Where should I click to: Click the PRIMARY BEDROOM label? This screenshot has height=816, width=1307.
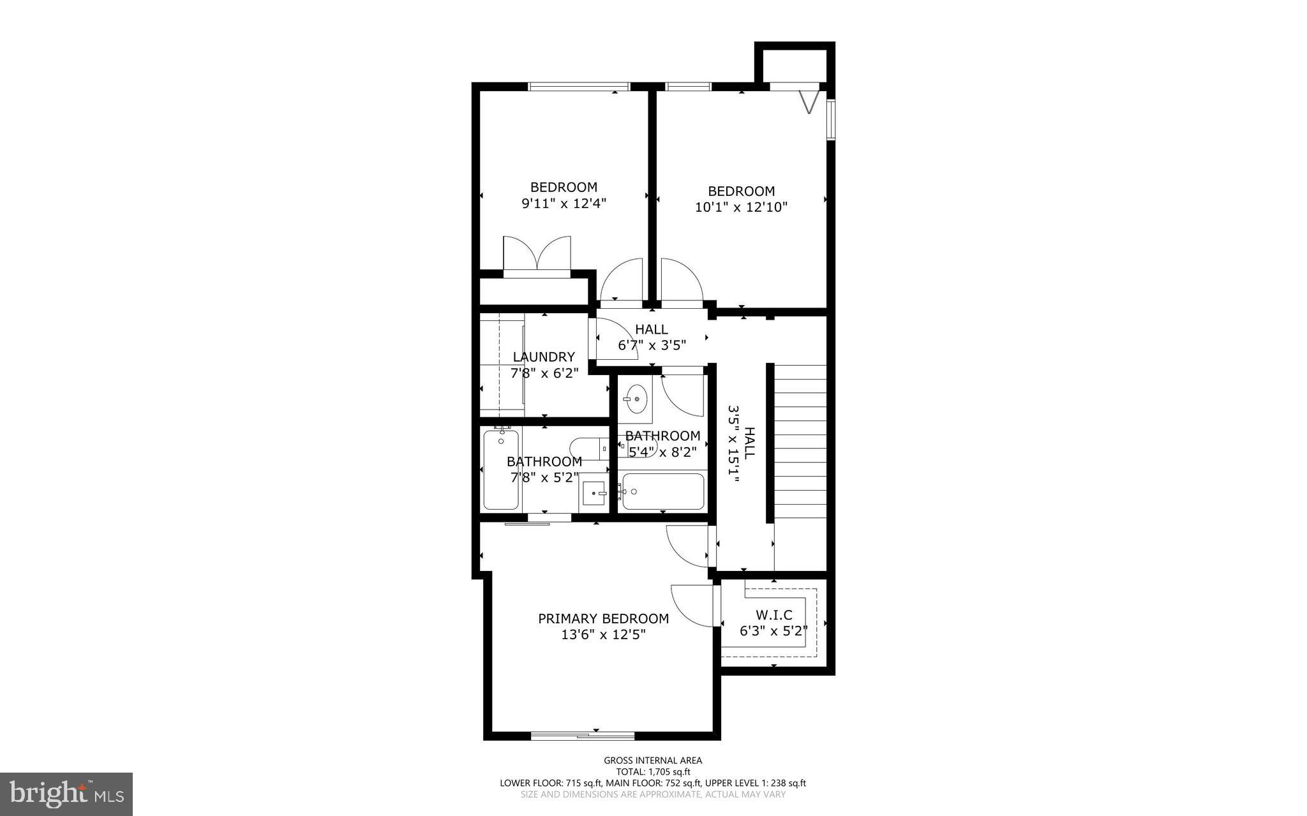coord(603,618)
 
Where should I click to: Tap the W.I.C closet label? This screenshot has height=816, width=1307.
coord(773,615)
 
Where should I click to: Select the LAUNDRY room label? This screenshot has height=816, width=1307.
coord(544,357)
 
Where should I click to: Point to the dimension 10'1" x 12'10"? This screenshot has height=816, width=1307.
coord(741,207)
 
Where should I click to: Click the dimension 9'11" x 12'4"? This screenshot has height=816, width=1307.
coord(564,204)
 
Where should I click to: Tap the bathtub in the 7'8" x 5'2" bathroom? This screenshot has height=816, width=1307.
coord(501,470)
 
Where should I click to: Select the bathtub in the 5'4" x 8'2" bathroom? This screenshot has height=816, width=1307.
coord(663,491)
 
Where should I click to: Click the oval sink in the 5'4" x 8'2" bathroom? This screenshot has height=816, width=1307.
coord(636,399)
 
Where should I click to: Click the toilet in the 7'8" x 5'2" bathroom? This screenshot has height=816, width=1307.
coord(588,448)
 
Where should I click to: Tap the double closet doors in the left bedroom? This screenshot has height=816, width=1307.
coord(537,255)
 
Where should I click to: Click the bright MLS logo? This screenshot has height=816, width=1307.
coord(66,794)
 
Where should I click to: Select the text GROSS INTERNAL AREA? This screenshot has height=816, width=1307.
coord(653,760)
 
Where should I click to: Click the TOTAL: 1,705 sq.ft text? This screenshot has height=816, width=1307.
coord(653,771)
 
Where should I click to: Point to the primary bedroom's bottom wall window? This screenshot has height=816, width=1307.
coord(583,736)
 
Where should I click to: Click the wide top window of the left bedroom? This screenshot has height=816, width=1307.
coord(579,87)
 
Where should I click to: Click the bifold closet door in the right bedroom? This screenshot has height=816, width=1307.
coord(809,101)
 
